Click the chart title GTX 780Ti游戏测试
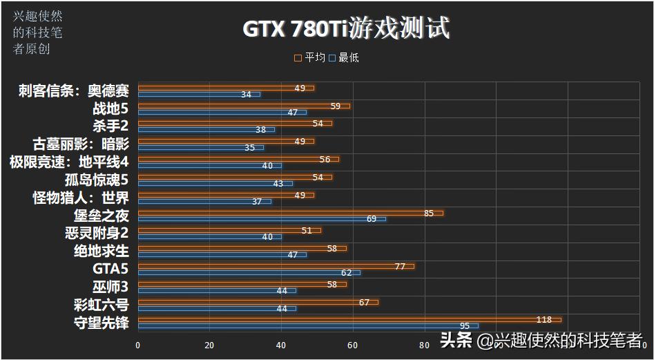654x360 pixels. coord(346,29)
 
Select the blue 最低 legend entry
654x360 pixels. coord(343,58)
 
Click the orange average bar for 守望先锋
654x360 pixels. coord(349,319)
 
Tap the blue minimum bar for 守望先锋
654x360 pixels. coord(307,325)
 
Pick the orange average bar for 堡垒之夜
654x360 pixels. coord(290,213)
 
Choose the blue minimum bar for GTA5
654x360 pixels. coord(249,272)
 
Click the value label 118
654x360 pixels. coord(544,319)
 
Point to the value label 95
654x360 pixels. coord(465,325)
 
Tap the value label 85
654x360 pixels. coord(428,213)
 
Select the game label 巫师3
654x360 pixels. coord(110,286)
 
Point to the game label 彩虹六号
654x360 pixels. coord(101,304)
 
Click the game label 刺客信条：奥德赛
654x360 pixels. coord(73,91)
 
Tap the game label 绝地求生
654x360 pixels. coord(101,250)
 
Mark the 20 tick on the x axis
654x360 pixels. coord(209,345)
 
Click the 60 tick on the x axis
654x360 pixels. coord(353,345)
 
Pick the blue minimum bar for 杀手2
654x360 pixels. coord(206,129)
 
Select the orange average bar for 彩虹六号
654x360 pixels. coord(258,302)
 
